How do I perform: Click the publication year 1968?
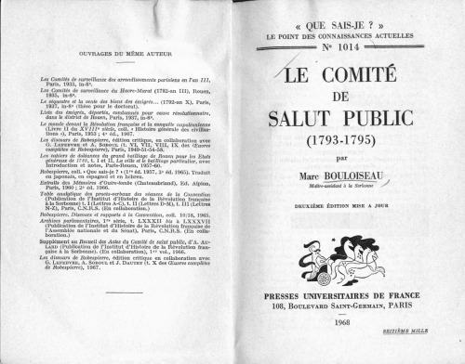[x=341, y=322]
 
